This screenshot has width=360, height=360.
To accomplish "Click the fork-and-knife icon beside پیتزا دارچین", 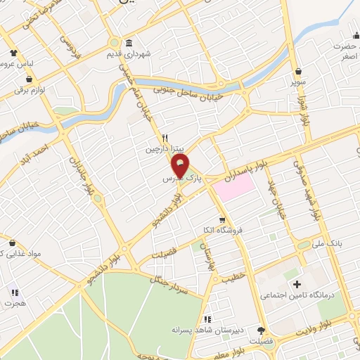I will coord(165,139).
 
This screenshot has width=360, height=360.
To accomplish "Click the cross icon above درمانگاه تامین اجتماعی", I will coord(297,284).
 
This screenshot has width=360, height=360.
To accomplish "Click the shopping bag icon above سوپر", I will coord(300,72).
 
